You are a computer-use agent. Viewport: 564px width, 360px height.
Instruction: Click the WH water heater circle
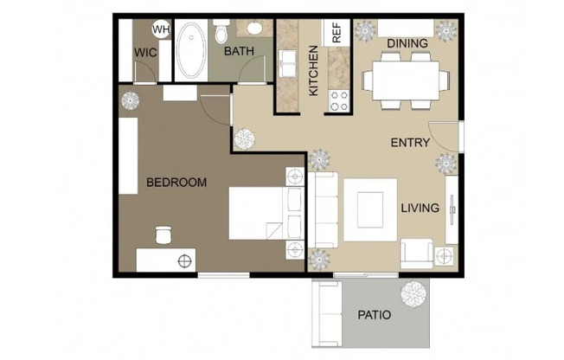click(161, 29)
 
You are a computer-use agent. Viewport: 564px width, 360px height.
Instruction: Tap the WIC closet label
click(144, 52)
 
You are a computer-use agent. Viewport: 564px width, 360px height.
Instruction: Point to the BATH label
click(240, 52)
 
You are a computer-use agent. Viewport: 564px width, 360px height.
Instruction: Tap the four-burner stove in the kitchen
click(336, 100)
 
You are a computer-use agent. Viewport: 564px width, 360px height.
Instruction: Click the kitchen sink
click(287, 65)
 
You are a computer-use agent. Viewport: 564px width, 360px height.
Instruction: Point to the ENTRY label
click(411, 143)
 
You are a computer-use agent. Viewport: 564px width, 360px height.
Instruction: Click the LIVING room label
click(420, 208)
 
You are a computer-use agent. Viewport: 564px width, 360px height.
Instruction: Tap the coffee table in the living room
click(370, 209)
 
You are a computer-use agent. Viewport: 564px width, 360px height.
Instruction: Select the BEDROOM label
click(176, 183)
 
